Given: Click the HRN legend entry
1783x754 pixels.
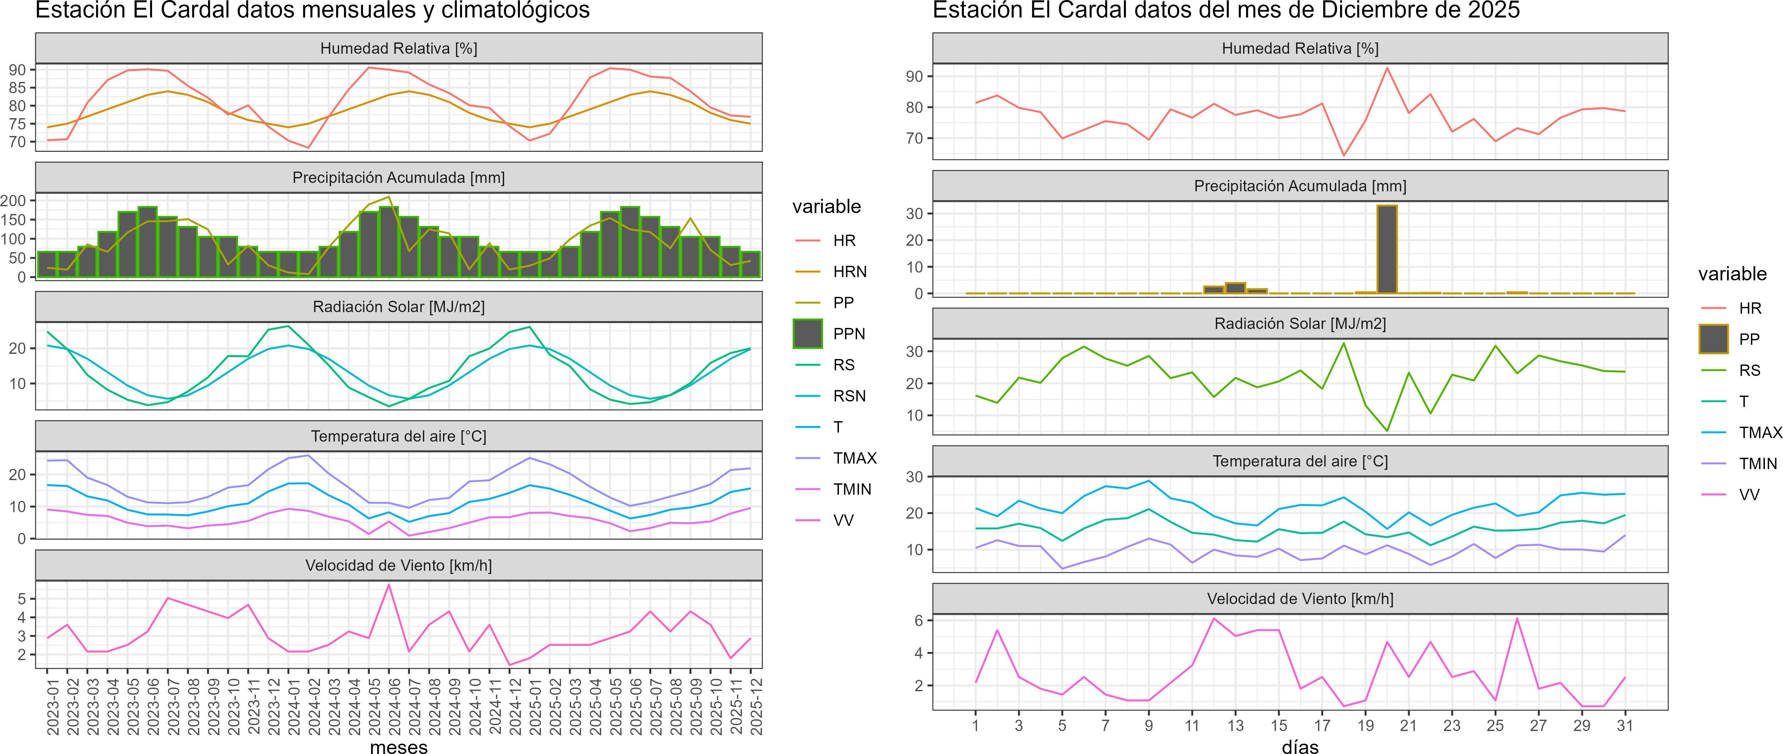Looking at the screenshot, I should tap(849, 271).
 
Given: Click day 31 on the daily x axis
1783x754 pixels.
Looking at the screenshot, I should tap(1624, 726).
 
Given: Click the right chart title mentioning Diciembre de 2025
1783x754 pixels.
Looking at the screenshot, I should tap(1226, 10).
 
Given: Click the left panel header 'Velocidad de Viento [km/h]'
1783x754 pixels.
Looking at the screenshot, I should tap(399, 566).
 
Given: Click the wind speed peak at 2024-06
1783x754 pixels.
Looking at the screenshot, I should tap(389, 585).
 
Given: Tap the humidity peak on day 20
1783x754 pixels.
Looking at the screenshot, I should tap(1387, 68).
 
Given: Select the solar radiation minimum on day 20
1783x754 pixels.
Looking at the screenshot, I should tap(1387, 431).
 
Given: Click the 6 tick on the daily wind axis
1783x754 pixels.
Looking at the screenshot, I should tap(919, 620).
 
